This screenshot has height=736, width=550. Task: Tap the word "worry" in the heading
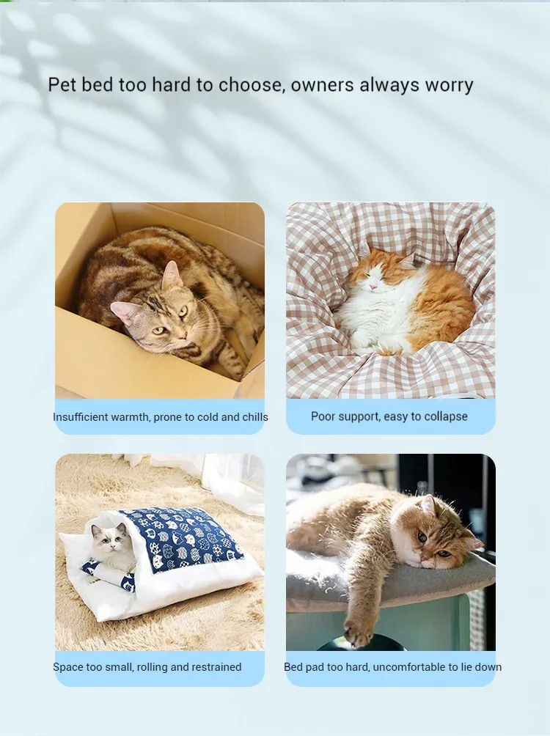pyautogui.click(x=449, y=85)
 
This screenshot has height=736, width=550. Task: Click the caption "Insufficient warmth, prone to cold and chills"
pyautogui.click(x=160, y=417)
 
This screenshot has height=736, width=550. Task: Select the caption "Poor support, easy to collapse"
pyautogui.click(x=389, y=416)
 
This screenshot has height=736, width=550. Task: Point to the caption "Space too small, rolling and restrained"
pyautogui.click(x=147, y=667)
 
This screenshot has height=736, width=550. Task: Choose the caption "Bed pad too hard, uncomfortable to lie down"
pyautogui.click(x=392, y=667)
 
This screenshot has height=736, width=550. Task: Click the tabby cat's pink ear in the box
pyautogui.click(x=171, y=275)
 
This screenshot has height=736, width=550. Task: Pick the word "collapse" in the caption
pyautogui.click(x=443, y=416)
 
